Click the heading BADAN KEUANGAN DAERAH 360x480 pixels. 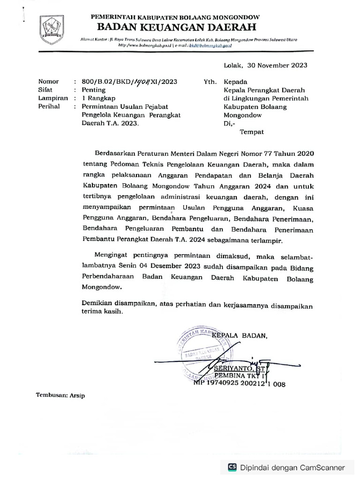click(x=175, y=27)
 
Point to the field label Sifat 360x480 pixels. click(x=45, y=90)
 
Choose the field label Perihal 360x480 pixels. click(x=49, y=107)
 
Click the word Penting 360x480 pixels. click(x=94, y=90)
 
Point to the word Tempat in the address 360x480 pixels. click(x=252, y=132)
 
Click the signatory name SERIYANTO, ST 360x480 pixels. click(x=237, y=368)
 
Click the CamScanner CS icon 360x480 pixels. click(x=232, y=467)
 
